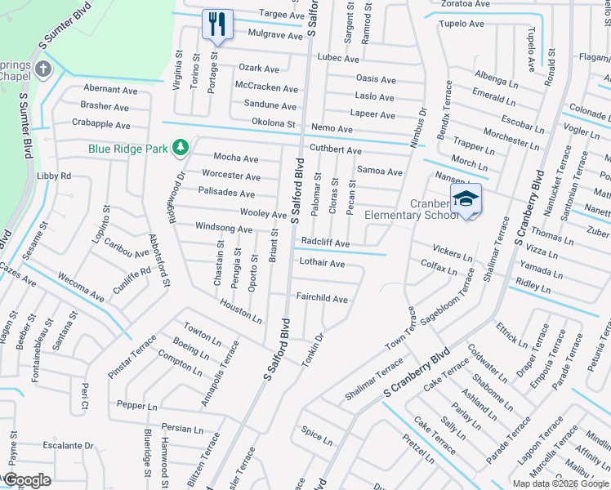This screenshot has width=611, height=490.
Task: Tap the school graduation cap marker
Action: click(x=465, y=198)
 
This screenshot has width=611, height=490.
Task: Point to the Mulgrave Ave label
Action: click(x=252, y=35)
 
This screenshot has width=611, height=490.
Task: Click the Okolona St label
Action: click(x=273, y=123)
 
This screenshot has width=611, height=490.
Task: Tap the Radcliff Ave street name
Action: click(x=325, y=243)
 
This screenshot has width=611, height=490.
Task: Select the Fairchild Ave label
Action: click(x=322, y=299)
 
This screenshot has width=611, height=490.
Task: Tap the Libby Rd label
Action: click(x=54, y=176)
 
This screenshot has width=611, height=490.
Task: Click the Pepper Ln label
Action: click(x=136, y=405)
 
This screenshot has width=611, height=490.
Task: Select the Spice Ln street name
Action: click(x=316, y=436)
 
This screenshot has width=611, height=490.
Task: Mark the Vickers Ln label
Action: click(x=452, y=252)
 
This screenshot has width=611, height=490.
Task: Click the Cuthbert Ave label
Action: click(x=335, y=150)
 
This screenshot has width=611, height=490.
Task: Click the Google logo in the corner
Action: click(x=28, y=479)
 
